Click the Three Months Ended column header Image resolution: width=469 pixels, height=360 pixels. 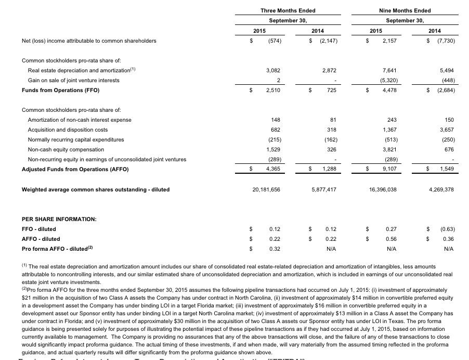[x=288, y=10]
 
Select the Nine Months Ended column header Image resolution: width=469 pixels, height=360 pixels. [x=405, y=10]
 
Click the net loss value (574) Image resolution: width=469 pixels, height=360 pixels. [x=275, y=41]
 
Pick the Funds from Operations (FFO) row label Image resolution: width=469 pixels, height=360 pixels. [x=60, y=90]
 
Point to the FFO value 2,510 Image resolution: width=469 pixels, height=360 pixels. [x=273, y=90]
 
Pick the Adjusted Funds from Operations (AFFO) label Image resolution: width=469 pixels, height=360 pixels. [x=75, y=169]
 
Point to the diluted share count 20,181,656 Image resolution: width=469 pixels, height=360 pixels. [x=266, y=189]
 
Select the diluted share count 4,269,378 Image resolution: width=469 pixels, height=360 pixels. [x=441, y=189]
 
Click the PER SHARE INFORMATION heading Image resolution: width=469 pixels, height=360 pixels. [x=59, y=219]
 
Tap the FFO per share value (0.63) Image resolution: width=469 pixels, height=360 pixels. [x=447, y=229]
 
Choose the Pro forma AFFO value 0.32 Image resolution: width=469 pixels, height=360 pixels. [x=275, y=249]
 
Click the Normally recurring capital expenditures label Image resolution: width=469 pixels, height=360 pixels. [x=76, y=139]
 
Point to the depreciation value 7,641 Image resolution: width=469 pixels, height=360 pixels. [x=389, y=70]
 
